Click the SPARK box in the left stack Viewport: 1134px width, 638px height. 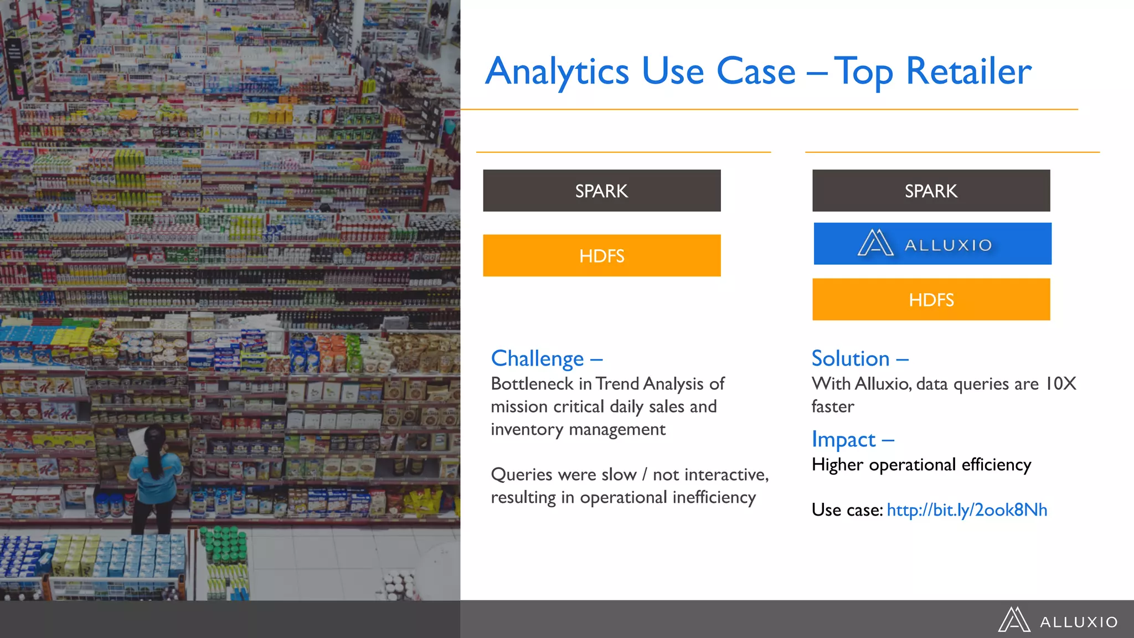pos(601,191)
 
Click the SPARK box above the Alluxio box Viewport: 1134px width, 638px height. pos(931,191)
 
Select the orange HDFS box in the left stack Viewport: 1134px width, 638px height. pos(601,255)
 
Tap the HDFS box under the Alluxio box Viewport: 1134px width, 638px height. pos(931,300)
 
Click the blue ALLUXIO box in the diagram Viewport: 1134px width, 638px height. pos(932,244)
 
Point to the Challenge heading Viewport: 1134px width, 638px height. pos(537,359)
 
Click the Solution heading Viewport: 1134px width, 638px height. pos(850,359)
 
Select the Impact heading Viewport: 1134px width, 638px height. pos(843,440)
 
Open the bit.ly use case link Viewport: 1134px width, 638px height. pos(967,510)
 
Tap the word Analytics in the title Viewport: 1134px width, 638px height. pos(556,72)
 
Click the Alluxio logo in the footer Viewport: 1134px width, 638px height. pos(1058,620)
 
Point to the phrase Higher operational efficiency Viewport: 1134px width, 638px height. pos(921,464)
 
